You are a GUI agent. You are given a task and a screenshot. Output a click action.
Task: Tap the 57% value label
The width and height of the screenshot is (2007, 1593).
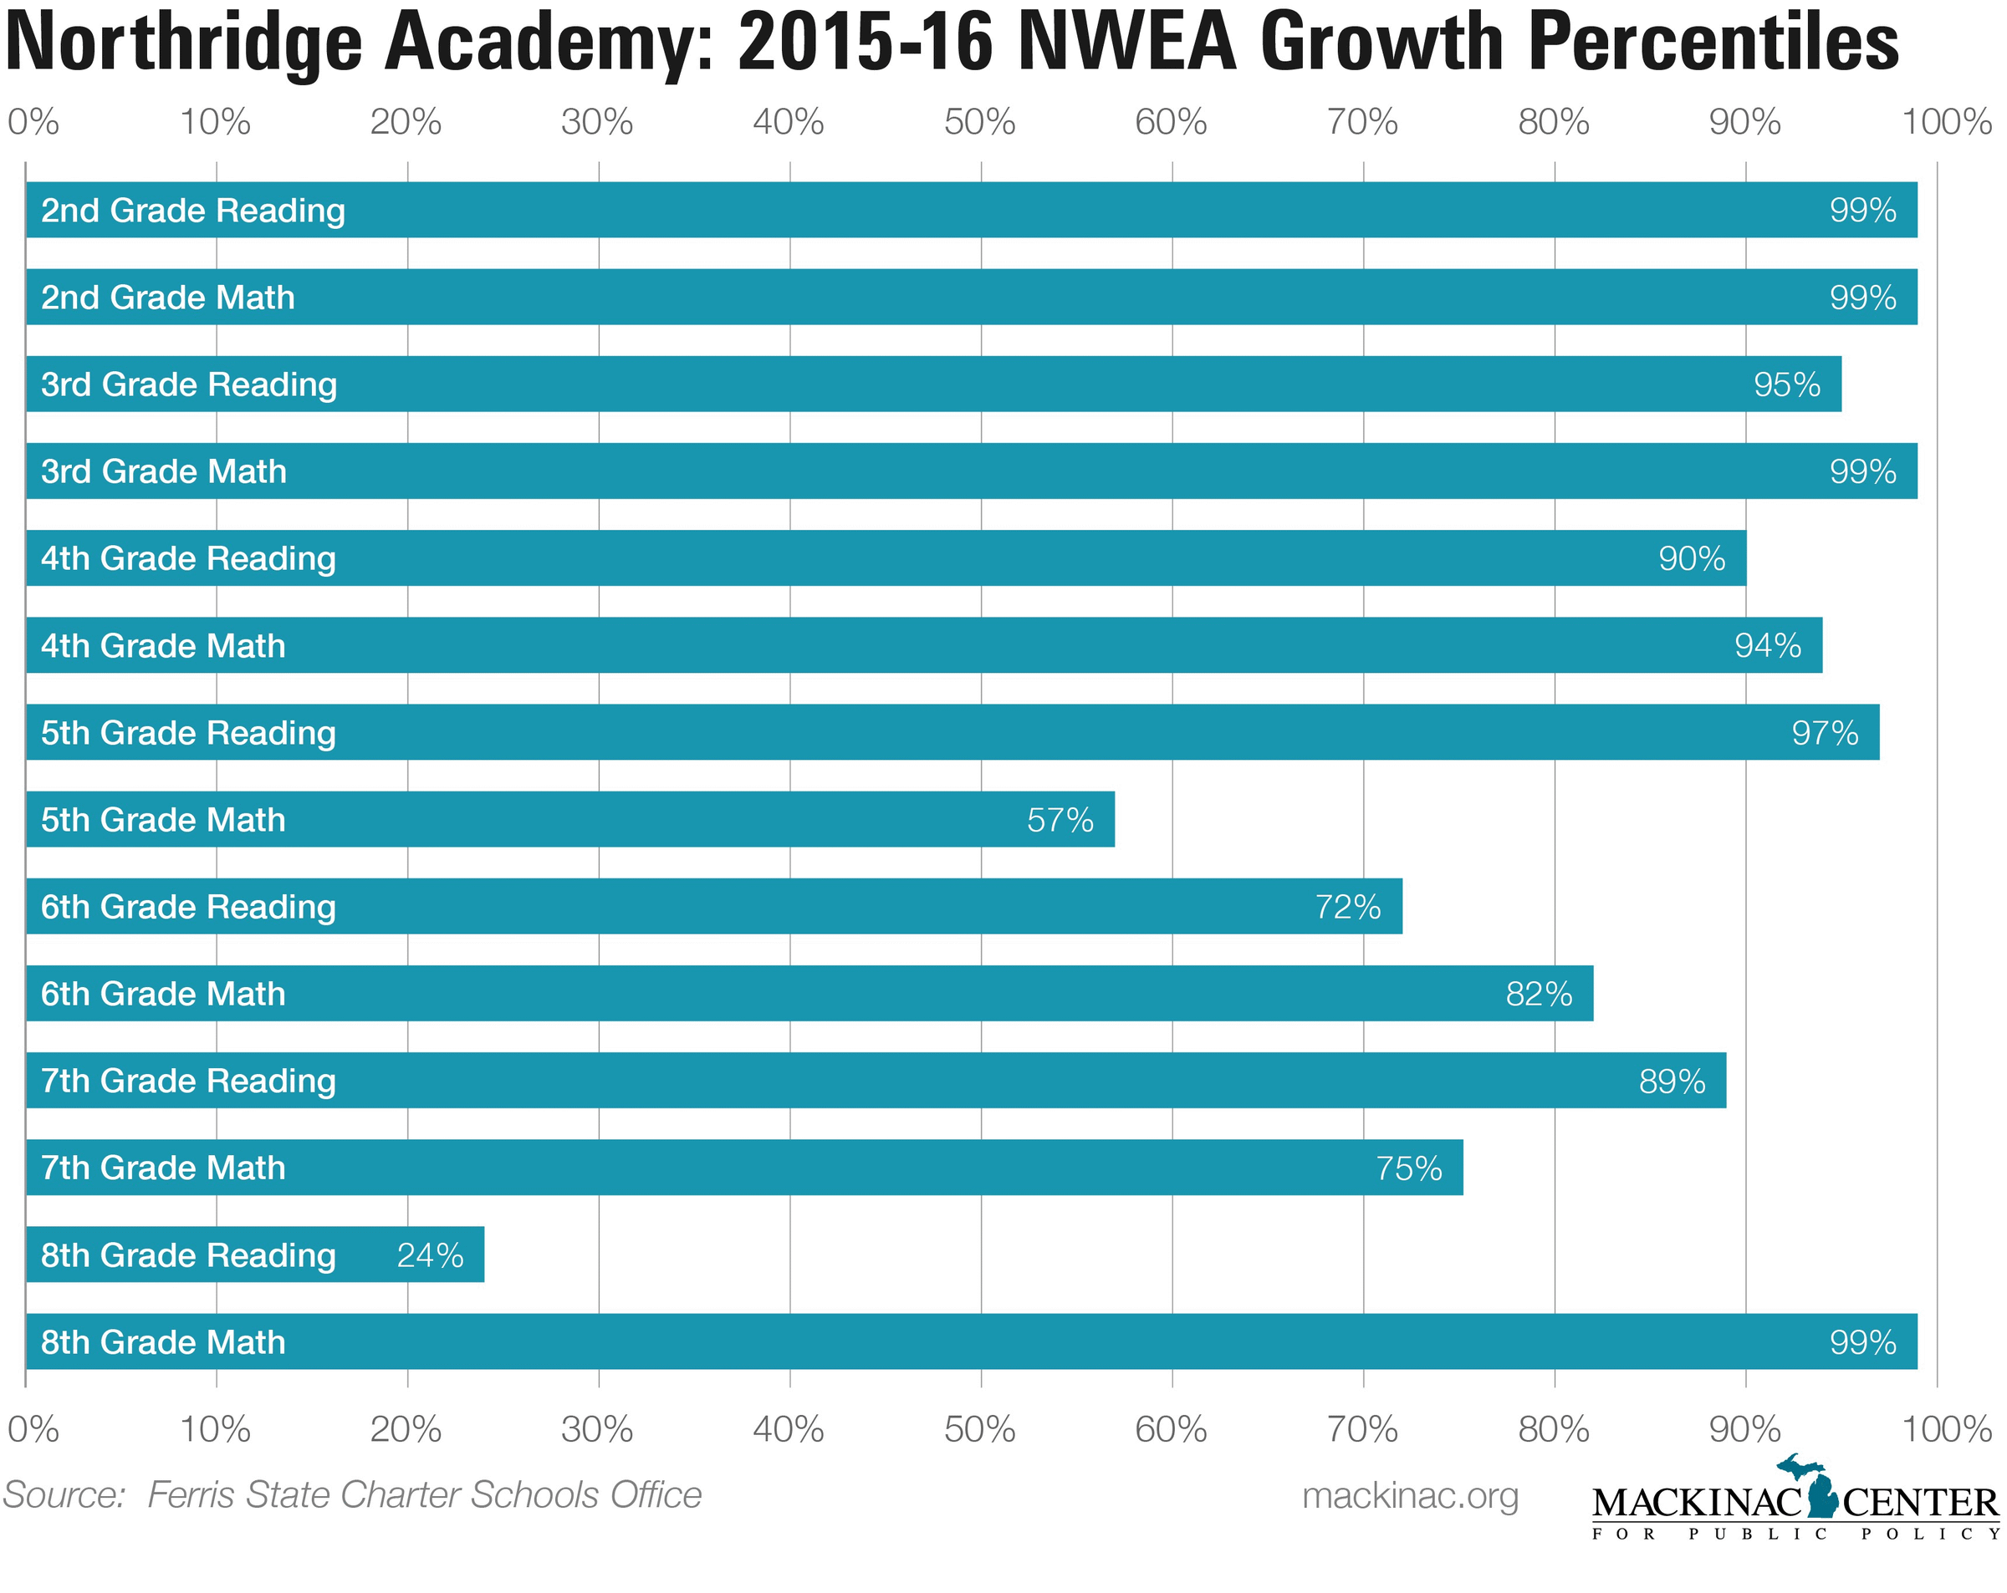pyautogui.click(x=1060, y=820)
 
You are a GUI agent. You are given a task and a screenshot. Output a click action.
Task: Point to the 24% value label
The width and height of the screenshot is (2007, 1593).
pyautogui.click(x=430, y=1255)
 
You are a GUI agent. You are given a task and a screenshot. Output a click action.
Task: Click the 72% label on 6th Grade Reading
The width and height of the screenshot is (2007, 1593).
pyautogui.click(x=1347, y=906)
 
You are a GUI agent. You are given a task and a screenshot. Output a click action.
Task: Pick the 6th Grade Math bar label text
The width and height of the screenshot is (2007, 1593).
pyautogui.click(x=163, y=994)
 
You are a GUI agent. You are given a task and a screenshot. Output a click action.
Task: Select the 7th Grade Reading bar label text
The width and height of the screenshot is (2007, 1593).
pyautogui.click(x=188, y=1081)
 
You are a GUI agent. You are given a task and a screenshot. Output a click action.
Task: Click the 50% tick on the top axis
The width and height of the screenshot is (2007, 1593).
pyautogui.click(x=979, y=122)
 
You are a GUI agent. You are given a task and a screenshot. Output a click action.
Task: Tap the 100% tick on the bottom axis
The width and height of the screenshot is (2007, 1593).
pyautogui.click(x=1946, y=1429)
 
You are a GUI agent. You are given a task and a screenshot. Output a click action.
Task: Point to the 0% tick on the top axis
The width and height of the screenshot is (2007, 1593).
pyautogui.click(x=33, y=122)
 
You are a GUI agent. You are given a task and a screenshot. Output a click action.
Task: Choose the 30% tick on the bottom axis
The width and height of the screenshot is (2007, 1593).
pyautogui.click(x=597, y=1429)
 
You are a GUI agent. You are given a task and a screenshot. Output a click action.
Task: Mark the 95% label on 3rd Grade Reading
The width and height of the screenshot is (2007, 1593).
pyautogui.click(x=1786, y=384)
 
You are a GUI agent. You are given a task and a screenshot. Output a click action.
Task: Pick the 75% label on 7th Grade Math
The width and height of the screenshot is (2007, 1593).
pyautogui.click(x=1408, y=1168)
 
